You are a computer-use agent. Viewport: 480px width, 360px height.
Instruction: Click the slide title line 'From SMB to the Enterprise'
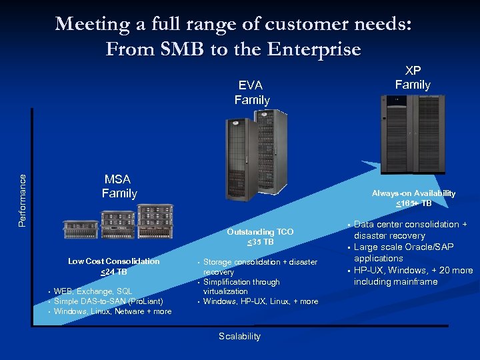coord(233,49)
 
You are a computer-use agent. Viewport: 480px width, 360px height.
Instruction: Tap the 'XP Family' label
coord(413,77)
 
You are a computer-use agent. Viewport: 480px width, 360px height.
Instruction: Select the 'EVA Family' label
coord(251,93)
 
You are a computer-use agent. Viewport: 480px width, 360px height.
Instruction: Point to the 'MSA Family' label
coord(119,187)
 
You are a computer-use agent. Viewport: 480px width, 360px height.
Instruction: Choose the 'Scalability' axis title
coord(239,337)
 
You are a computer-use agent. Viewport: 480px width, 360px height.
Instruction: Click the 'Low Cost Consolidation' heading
coord(114,261)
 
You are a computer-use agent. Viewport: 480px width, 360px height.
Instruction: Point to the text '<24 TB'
coord(114,271)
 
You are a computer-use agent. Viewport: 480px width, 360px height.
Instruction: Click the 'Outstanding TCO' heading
coord(260,232)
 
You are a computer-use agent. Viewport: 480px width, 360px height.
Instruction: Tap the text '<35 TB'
coord(260,241)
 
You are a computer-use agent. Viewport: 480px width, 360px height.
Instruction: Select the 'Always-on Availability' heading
coord(413,193)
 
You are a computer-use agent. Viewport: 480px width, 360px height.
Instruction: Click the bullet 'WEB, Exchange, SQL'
coord(93,291)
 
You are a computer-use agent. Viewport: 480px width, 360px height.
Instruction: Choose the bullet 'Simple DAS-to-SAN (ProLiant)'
coord(108,301)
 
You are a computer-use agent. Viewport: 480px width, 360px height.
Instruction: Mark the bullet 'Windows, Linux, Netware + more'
coord(112,311)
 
